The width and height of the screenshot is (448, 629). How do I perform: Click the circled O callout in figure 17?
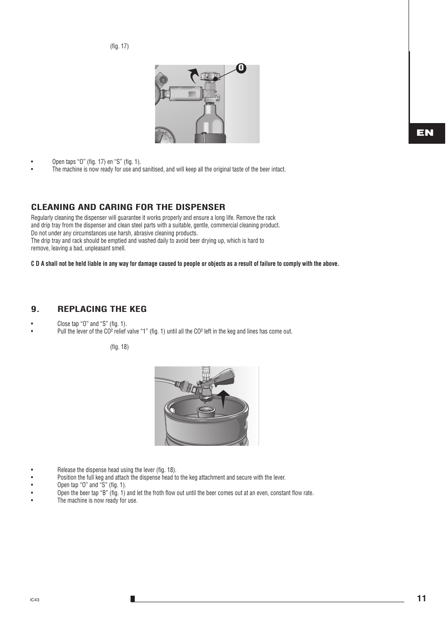241,68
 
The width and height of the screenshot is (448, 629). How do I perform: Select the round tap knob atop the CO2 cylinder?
208,77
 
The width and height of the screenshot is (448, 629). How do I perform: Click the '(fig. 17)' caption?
119,46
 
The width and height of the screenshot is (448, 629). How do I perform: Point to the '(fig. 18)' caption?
119,347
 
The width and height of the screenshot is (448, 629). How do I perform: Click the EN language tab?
425,133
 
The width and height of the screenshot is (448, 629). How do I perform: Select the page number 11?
421,598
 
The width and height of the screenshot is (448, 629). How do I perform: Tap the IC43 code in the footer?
34,600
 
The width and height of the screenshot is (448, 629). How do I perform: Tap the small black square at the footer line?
133,598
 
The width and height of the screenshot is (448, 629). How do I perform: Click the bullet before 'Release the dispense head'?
32,470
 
